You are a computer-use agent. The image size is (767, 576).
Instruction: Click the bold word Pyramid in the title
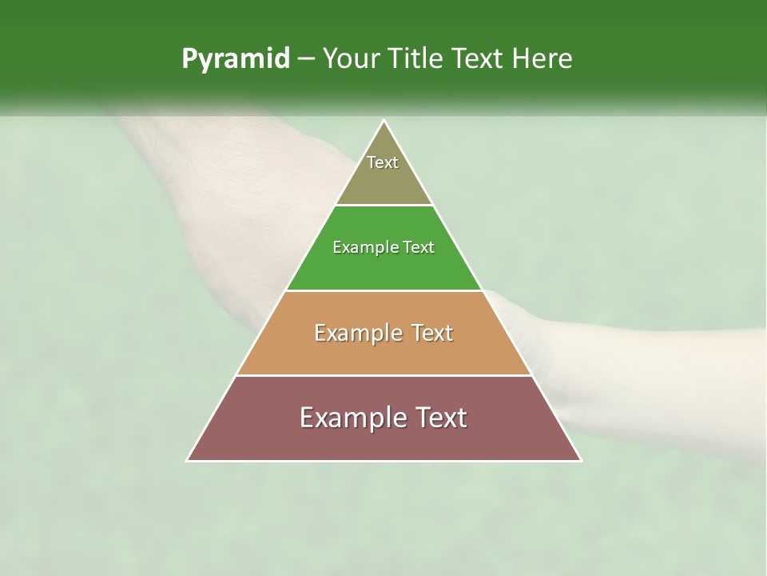[x=236, y=59]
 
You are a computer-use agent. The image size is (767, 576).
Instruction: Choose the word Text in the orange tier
[x=431, y=333]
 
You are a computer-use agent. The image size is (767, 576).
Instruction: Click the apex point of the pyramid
[x=384, y=121]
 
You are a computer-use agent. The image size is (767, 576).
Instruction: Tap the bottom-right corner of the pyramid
[x=580, y=460]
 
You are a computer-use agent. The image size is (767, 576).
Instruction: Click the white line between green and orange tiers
[x=383, y=290]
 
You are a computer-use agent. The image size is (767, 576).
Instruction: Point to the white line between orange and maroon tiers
[x=383, y=375]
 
